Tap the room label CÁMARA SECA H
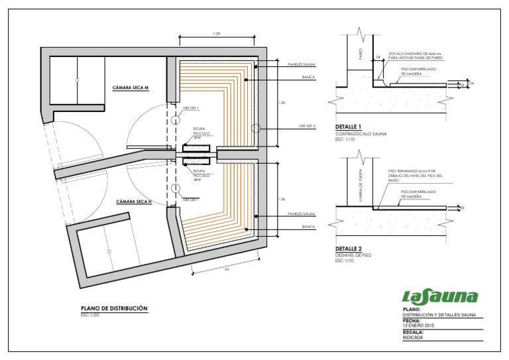pos(134,201)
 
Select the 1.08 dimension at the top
pos(217,34)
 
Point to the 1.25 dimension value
pos(282,103)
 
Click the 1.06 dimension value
pos(282,199)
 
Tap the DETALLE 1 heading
pos(349,127)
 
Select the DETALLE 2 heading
pos(349,248)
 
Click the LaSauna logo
pos(440,296)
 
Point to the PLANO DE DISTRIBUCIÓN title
pos(114,308)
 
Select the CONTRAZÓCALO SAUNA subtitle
pos(362,133)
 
